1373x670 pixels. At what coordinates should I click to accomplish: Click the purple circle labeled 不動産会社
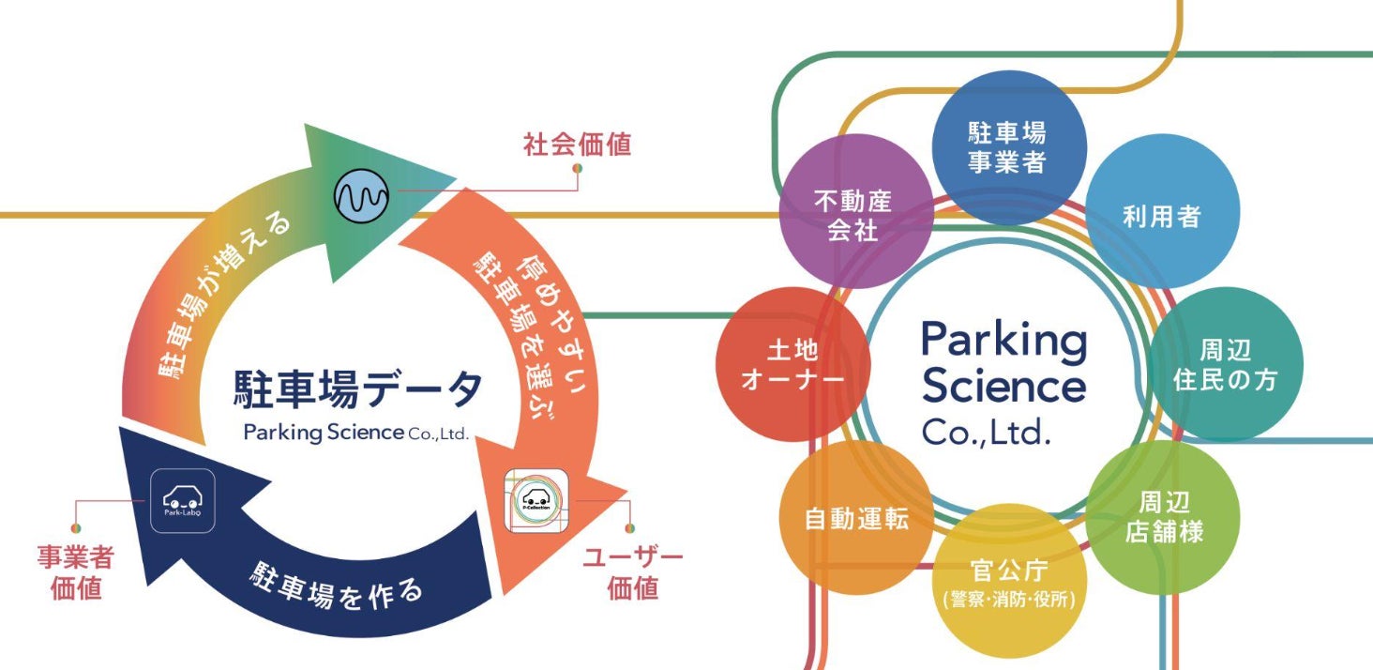coord(852,213)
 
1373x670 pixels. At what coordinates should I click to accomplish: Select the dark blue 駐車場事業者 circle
coord(1007,145)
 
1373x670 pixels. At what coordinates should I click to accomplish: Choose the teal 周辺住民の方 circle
coord(1225,365)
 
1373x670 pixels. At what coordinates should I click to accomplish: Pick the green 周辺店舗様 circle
coord(1163,517)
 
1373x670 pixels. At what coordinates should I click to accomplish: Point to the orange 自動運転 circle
coord(855,518)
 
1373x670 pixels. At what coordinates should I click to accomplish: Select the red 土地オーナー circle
coord(792,365)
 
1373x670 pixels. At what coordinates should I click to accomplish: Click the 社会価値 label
coord(576,145)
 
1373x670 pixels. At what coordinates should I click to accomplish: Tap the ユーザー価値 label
coord(632,572)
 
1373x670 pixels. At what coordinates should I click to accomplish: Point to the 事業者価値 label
coord(75,573)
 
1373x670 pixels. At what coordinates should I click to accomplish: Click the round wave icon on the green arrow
coord(362,196)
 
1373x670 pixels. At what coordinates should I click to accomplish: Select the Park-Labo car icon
coord(183,501)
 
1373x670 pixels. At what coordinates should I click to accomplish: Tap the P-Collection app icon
coord(539,499)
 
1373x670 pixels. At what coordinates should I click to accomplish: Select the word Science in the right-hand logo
coord(1003,386)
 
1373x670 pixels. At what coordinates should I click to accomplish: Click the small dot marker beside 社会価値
coord(578,170)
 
